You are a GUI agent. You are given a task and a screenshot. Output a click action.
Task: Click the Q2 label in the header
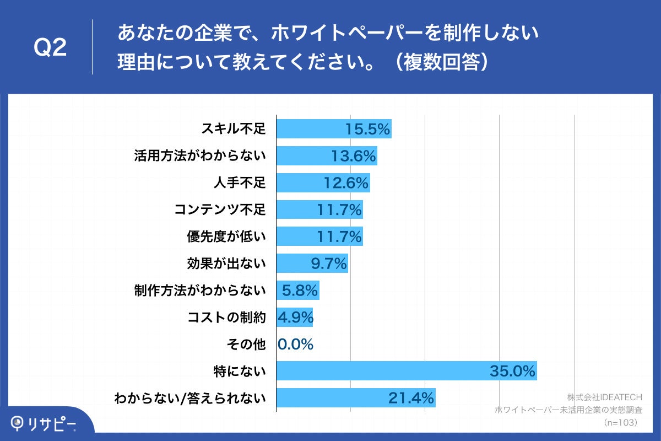click(50, 48)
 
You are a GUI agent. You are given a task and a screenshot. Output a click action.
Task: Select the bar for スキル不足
click(333, 129)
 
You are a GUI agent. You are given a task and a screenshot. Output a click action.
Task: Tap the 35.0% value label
click(512, 372)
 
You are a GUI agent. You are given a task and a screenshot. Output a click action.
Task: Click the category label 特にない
click(240, 372)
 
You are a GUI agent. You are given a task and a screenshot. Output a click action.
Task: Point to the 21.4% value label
click(411, 397)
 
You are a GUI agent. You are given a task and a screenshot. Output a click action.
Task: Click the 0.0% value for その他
click(296, 345)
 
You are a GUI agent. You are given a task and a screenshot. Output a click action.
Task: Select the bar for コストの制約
click(294, 318)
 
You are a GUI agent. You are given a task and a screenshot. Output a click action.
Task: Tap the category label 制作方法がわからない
click(200, 291)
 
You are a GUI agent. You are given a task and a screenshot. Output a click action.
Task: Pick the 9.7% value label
click(329, 264)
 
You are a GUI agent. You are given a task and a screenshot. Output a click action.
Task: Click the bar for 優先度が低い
click(319, 237)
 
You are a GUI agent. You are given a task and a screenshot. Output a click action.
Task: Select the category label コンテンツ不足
click(220, 210)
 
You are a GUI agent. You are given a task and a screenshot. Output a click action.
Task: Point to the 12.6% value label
click(345, 183)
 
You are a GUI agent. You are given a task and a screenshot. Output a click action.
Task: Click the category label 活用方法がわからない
click(200, 156)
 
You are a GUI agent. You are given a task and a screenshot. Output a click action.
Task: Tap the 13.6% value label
click(353, 156)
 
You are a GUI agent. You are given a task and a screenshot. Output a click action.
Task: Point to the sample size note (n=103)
click(621, 422)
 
